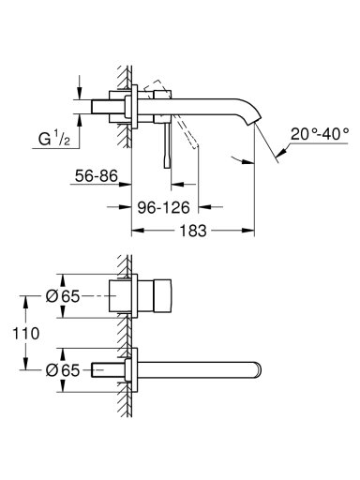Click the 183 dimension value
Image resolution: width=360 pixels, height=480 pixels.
(193, 231)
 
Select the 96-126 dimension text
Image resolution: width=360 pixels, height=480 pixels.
(164, 207)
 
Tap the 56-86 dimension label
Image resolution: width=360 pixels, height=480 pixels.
(97, 176)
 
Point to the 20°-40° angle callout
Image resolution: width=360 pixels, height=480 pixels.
(320, 134)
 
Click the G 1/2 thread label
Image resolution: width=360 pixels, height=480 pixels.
(54, 139)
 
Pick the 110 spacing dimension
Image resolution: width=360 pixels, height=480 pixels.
(26, 333)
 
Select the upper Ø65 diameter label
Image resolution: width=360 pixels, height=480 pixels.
(63, 296)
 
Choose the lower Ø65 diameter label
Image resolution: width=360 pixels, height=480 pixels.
(63, 370)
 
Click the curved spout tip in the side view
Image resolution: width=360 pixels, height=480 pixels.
(255, 119)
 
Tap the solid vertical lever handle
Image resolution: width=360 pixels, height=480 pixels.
(167, 144)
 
